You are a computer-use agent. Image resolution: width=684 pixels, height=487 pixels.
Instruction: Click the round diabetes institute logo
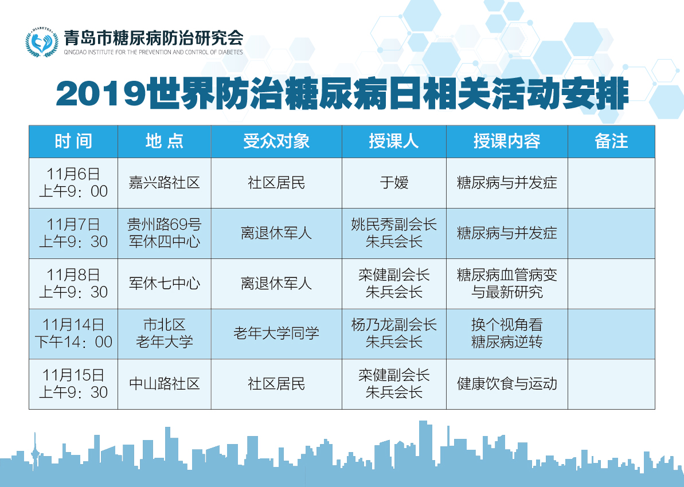[x=42, y=42]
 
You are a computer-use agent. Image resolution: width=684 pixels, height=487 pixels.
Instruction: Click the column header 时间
[x=73, y=142]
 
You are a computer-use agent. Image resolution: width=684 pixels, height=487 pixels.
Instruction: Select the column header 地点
[x=165, y=142]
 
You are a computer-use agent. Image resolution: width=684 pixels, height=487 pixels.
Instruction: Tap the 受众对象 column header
[x=276, y=142]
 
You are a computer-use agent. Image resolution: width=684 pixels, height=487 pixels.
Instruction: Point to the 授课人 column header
[x=394, y=142]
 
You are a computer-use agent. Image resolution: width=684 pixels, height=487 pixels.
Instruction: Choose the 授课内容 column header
[x=507, y=142]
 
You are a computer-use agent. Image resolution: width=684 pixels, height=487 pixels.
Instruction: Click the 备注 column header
[x=611, y=142]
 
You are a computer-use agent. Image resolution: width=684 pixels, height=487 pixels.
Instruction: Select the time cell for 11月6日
[x=73, y=183]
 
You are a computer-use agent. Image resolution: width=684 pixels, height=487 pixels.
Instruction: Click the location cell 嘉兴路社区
[x=165, y=183]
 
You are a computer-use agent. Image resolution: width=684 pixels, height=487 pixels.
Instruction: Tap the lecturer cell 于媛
[x=394, y=183]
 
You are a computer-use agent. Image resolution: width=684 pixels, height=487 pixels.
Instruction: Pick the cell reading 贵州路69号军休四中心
[x=165, y=233]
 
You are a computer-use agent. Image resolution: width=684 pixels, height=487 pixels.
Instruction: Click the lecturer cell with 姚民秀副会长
[x=394, y=233]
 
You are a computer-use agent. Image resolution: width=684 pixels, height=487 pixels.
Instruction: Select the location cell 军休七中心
[x=165, y=284]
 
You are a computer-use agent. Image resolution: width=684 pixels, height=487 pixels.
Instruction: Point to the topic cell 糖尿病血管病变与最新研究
[x=507, y=284]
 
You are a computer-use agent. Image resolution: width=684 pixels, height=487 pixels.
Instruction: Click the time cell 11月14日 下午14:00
[x=73, y=333]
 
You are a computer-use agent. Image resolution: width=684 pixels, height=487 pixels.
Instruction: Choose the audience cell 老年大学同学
[x=276, y=333]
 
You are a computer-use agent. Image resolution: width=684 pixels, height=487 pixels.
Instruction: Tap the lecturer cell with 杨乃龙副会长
[x=394, y=333]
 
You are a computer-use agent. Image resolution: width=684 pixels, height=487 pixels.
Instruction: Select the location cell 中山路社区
[x=165, y=384]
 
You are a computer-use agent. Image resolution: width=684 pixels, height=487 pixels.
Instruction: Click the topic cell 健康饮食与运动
[x=507, y=384]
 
